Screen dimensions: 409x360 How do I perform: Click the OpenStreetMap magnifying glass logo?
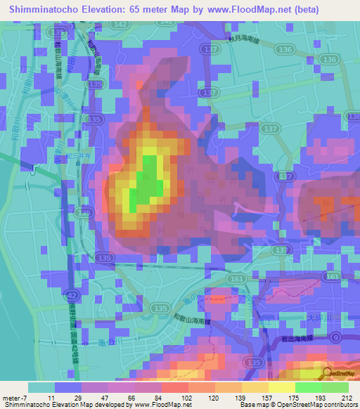coord(327,373)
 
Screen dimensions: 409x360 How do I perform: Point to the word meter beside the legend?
coord(11,398)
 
